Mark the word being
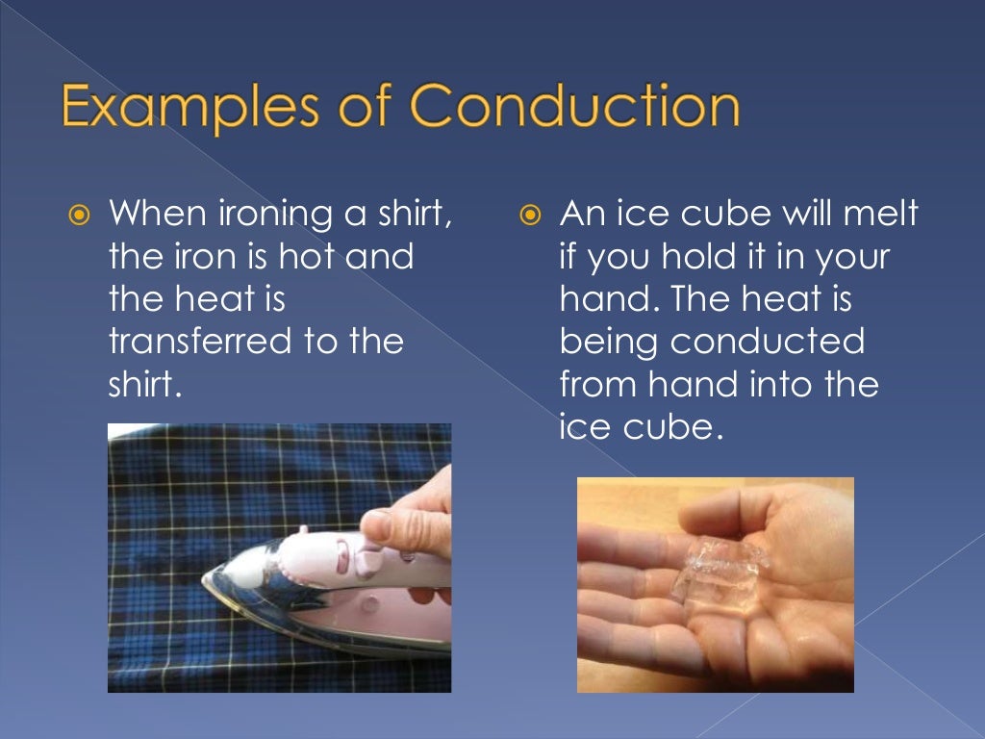tap(608, 344)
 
